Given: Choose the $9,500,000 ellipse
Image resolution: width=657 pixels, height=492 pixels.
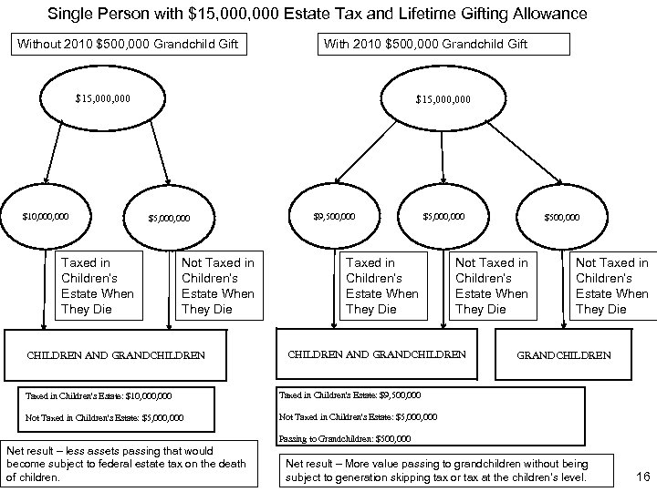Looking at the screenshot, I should [334, 217].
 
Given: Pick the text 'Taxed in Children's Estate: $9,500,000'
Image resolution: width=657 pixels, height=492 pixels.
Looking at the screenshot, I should [349, 395].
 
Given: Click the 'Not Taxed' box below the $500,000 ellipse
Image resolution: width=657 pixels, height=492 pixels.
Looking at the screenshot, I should [612, 285].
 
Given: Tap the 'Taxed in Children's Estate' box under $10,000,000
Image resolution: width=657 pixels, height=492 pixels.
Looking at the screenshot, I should [97, 285].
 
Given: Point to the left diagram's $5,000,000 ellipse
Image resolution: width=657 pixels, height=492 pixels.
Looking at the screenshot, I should [170, 218].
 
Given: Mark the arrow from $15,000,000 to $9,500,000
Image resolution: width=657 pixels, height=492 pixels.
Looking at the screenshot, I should [380, 155].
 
